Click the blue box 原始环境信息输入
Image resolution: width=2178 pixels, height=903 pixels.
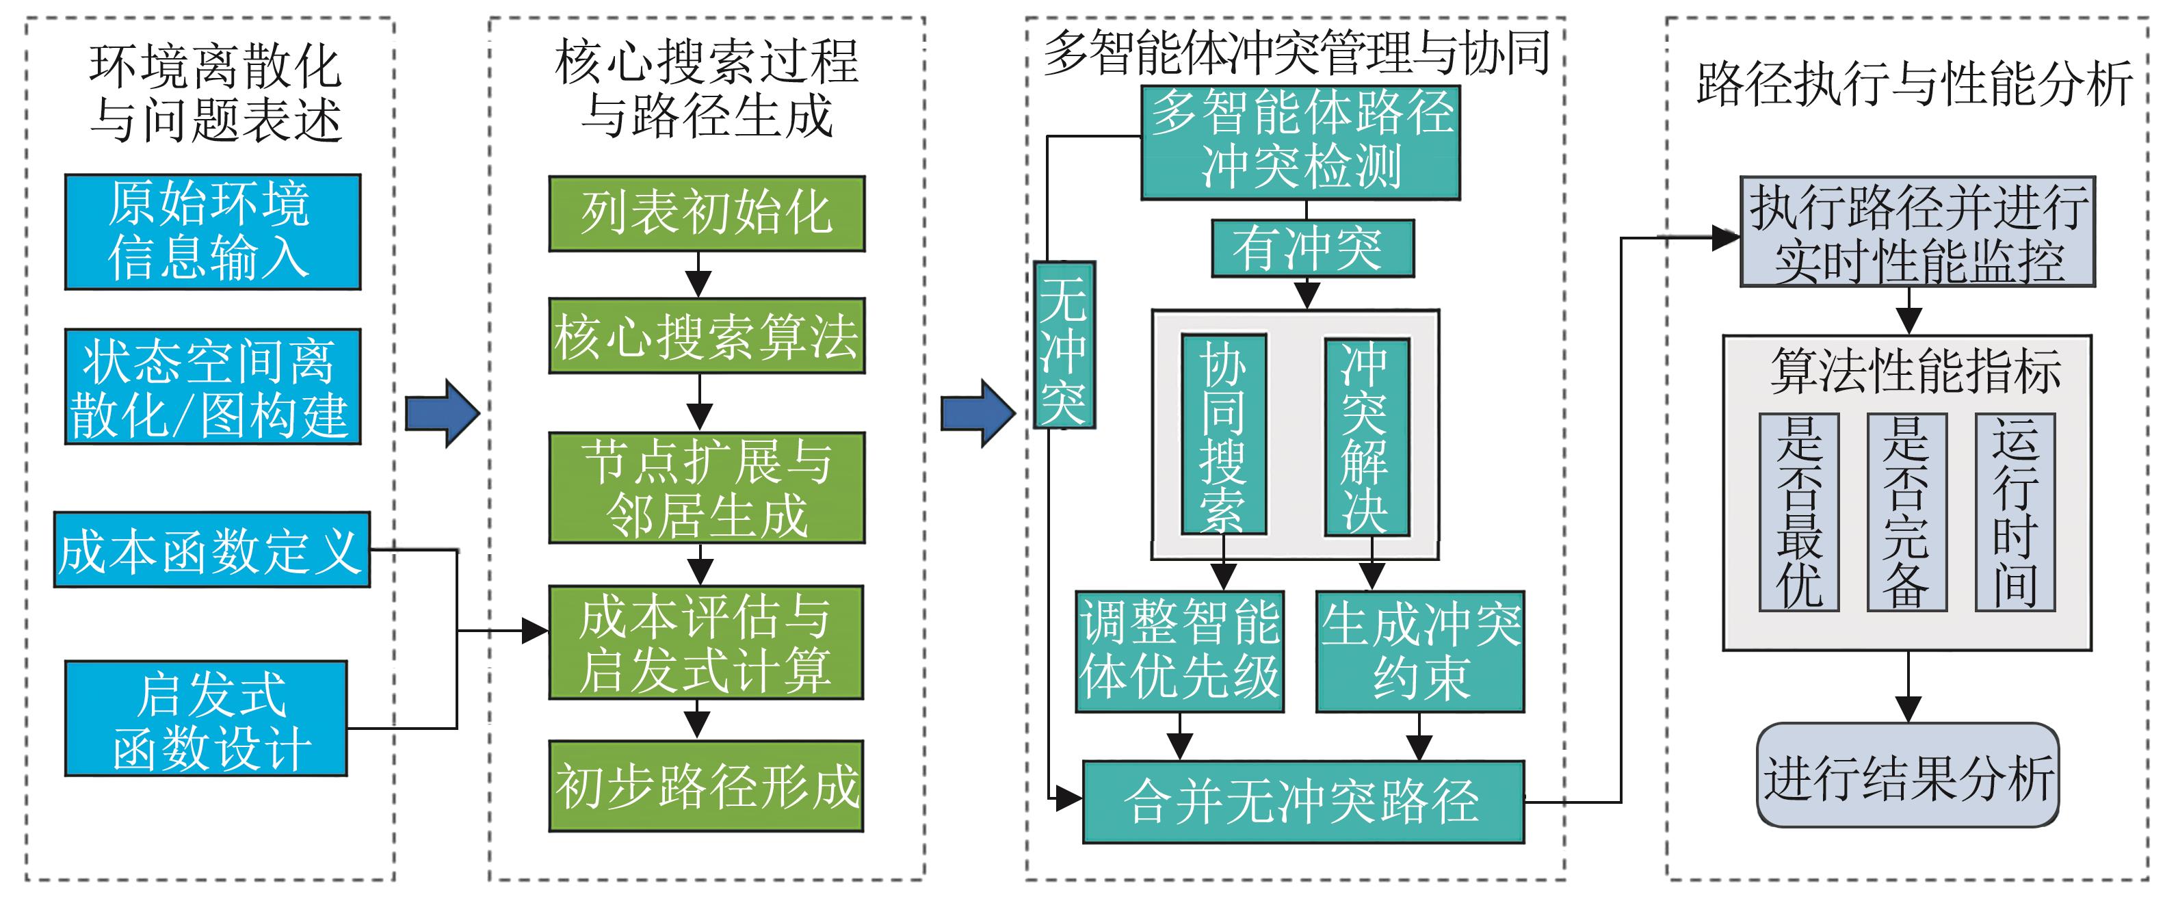tap(213, 233)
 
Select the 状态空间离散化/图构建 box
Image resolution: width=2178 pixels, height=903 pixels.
tap(213, 387)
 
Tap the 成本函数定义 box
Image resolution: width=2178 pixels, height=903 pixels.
tap(212, 549)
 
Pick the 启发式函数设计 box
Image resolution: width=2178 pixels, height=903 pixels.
tap(207, 719)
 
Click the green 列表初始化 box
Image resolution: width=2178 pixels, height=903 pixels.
tap(707, 214)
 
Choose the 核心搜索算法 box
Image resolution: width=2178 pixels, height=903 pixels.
tap(707, 336)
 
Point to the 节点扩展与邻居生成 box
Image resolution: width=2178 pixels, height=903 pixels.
tap(707, 488)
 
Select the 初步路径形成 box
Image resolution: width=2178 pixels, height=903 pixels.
tap(707, 786)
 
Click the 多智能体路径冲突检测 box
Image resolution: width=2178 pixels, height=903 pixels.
tap(1300, 142)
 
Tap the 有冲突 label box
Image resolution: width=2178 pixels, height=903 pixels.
tap(1312, 248)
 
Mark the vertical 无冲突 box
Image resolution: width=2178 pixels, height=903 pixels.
tap(1064, 345)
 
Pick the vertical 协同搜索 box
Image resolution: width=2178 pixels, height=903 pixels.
tap(1224, 434)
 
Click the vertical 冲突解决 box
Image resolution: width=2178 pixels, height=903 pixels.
tap(1366, 436)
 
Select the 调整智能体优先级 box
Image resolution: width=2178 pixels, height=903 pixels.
tap(1179, 651)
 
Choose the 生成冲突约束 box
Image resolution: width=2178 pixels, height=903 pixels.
tap(1419, 651)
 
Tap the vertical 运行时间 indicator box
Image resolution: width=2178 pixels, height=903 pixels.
tap(2015, 512)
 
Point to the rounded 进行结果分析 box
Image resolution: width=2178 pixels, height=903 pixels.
tap(1907, 775)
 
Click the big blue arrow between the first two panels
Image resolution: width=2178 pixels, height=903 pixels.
tap(442, 413)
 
